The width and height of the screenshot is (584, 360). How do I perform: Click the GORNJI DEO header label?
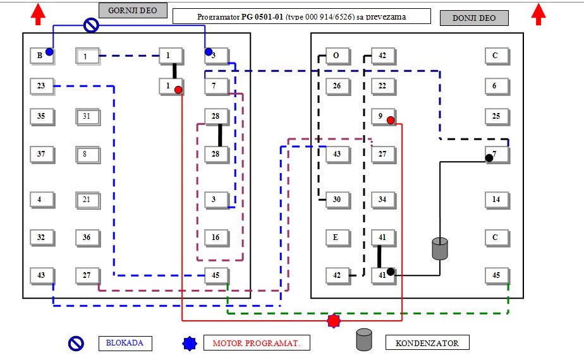pos(133,10)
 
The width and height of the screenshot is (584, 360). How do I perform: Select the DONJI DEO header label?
pos(474,18)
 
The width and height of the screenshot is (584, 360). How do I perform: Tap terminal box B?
pos(41,56)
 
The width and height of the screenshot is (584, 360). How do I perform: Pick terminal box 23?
pos(41,86)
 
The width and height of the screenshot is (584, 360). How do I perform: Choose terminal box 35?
pos(41,116)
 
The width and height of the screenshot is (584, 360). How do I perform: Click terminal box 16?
pos(216,237)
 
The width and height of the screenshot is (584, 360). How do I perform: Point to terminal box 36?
pos(87,237)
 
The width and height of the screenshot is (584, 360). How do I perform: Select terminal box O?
pos(337,56)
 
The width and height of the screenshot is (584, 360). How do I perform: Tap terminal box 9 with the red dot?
pos(382,116)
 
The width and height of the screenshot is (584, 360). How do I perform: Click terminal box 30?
pos(337,200)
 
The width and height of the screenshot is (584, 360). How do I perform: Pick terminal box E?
pos(337,237)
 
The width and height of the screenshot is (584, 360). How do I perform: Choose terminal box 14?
pos(496,200)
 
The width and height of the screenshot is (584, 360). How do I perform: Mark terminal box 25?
pos(496,116)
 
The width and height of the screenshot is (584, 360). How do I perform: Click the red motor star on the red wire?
pos(333,321)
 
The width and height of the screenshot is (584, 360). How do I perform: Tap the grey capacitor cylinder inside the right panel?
pos(439,248)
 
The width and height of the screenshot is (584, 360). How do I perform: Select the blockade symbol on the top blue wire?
pos(92,25)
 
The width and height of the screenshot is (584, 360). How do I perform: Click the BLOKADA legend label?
pos(125,344)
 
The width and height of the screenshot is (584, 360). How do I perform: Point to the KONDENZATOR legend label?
pos(427,343)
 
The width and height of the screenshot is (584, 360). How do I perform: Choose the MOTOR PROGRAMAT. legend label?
pos(257,343)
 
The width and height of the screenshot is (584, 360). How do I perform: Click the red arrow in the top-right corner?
pos(539,14)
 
